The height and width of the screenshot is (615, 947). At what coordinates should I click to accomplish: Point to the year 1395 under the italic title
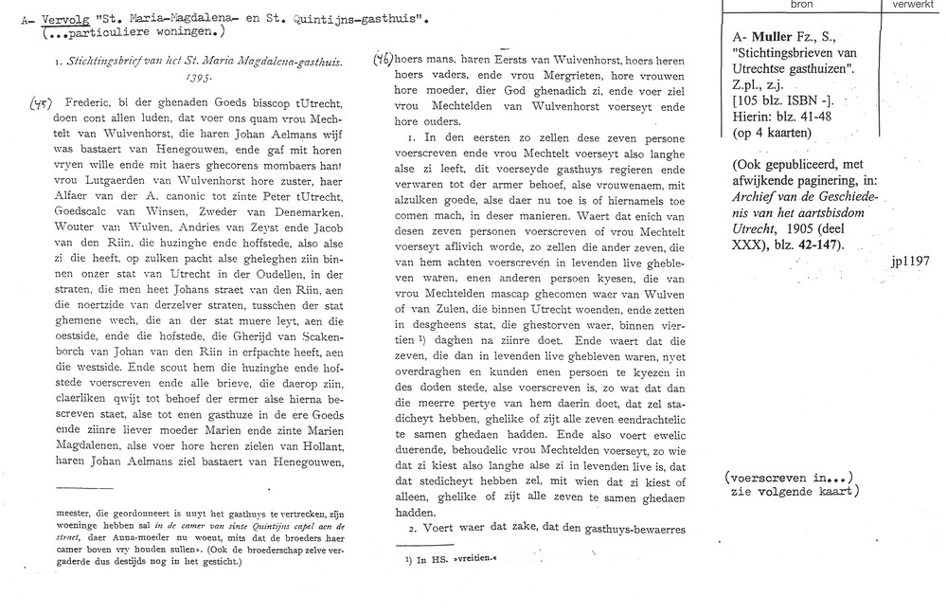pos(198,81)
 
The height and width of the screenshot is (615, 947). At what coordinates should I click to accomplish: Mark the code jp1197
pos(911,259)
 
